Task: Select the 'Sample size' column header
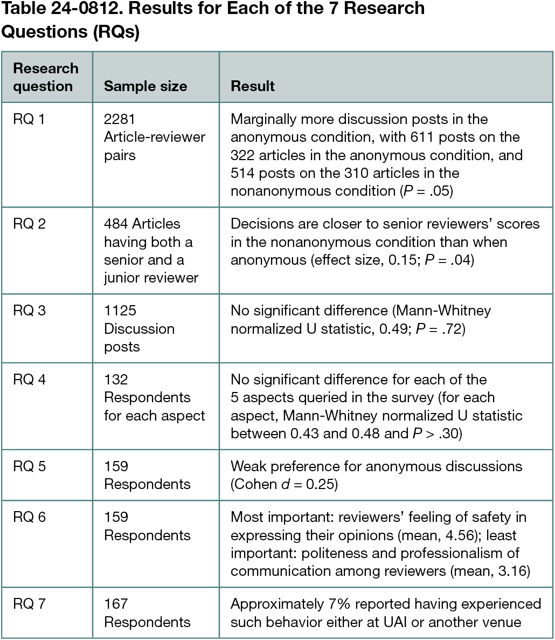(145, 86)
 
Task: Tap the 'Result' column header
(253, 86)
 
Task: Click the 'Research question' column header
(45, 77)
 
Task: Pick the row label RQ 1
(29, 119)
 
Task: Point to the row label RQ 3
(29, 311)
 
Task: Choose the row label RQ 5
(29, 466)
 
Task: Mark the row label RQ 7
(29, 604)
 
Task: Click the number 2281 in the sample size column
(120, 119)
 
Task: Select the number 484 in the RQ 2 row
(116, 224)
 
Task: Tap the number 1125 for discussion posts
(120, 311)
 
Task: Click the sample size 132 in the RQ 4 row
(116, 380)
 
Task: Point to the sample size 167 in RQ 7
(116, 604)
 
